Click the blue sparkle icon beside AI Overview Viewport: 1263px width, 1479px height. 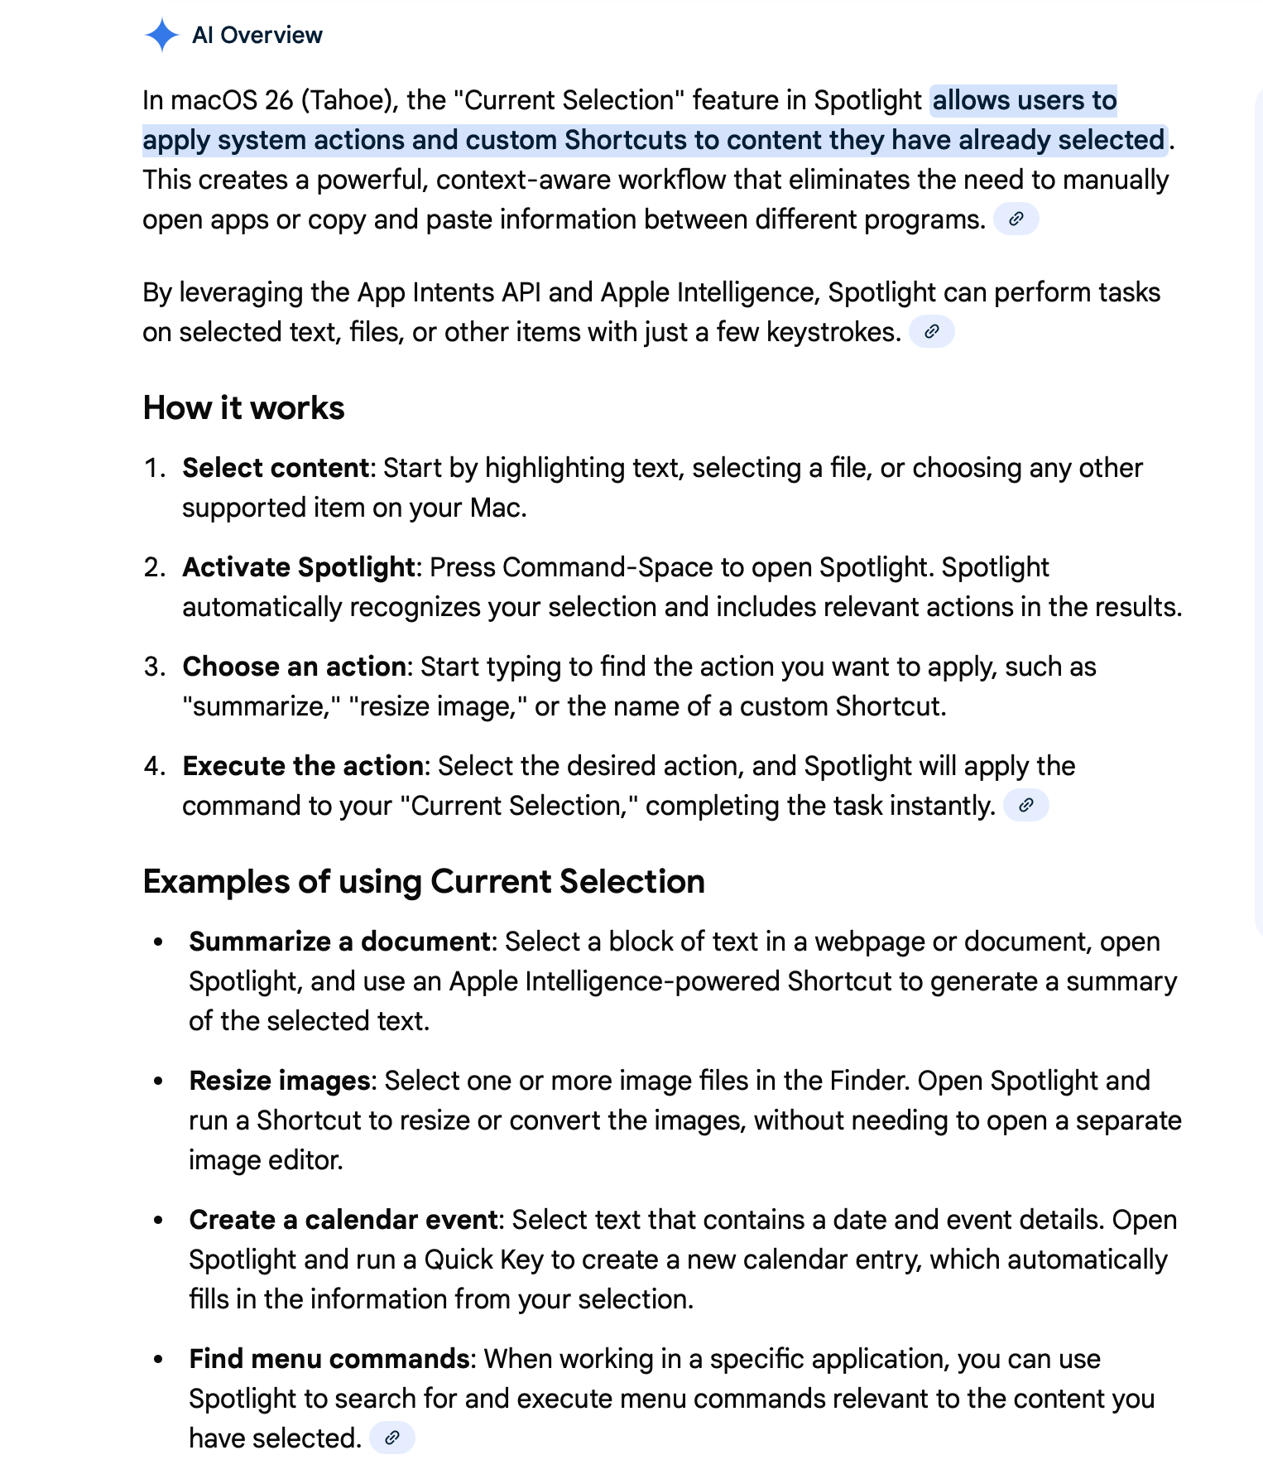[161, 35]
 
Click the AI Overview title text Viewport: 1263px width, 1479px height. [257, 35]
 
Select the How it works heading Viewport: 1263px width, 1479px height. [243, 408]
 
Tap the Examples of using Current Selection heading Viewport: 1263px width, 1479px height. [424, 881]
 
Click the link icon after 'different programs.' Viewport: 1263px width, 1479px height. [1016, 219]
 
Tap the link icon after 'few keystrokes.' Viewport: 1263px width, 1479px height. [931, 332]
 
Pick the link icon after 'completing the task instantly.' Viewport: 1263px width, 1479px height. [1025, 806]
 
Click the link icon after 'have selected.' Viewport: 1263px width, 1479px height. [391, 1438]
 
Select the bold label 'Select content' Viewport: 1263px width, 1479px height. [276, 468]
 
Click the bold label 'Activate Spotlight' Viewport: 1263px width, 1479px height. [298, 567]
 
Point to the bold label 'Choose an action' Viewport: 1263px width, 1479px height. [294, 667]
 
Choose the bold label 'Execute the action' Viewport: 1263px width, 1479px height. [303, 766]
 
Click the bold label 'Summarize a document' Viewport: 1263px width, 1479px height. [340, 942]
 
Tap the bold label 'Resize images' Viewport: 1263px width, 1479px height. [280, 1081]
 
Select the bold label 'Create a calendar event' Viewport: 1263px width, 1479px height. [343, 1220]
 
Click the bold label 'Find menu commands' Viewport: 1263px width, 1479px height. [329, 1359]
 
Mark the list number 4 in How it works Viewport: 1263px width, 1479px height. [154, 766]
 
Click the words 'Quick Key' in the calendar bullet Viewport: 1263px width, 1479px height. [484, 1260]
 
